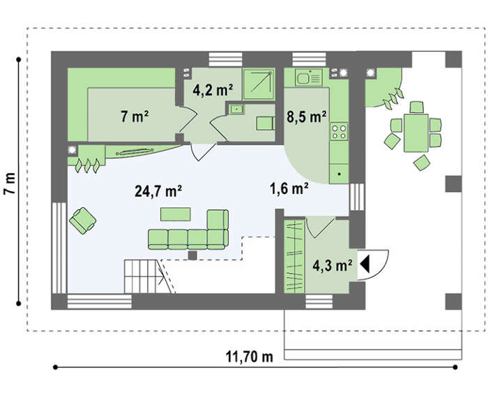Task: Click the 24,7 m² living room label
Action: pos(158,191)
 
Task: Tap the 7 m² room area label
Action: pos(135,117)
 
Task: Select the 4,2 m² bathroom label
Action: pos(213,90)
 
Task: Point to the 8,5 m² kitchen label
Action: pos(307,117)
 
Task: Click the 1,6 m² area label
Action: pos(289,188)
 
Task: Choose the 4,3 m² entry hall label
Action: pos(333,266)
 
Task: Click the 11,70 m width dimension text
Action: pos(250,357)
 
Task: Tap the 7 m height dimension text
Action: pos(10,184)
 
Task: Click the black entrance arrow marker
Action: pos(365,264)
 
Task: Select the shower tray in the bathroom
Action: pos(259,84)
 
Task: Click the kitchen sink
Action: pos(309,77)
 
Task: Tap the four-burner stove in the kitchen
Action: pos(339,131)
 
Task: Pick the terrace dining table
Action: pos(416,133)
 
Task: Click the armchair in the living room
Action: pos(82,221)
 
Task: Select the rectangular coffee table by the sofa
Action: pos(176,214)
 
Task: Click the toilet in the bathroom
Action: pos(266,123)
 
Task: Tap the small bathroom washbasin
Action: pos(237,109)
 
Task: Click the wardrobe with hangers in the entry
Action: pos(294,256)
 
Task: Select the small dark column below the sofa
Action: pos(192,255)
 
